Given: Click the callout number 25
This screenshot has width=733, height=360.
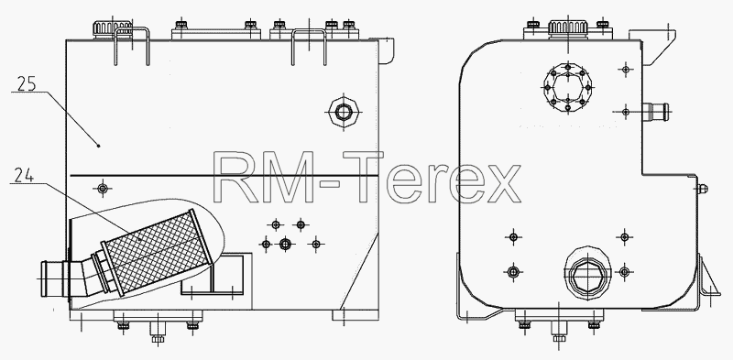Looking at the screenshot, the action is point(27,83).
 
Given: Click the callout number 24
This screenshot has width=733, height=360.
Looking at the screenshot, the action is point(24,175).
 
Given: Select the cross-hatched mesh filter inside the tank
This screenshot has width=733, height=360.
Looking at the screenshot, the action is point(157,252).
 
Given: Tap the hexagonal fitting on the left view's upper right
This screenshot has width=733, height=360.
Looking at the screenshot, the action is point(344,112).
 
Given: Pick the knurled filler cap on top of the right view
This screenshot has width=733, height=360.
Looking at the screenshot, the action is point(567,27).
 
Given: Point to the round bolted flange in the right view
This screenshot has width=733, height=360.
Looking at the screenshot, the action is point(568,87).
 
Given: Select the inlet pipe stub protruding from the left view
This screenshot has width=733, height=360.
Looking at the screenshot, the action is point(55,279).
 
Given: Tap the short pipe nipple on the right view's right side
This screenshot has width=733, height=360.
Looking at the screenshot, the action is point(655,112).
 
